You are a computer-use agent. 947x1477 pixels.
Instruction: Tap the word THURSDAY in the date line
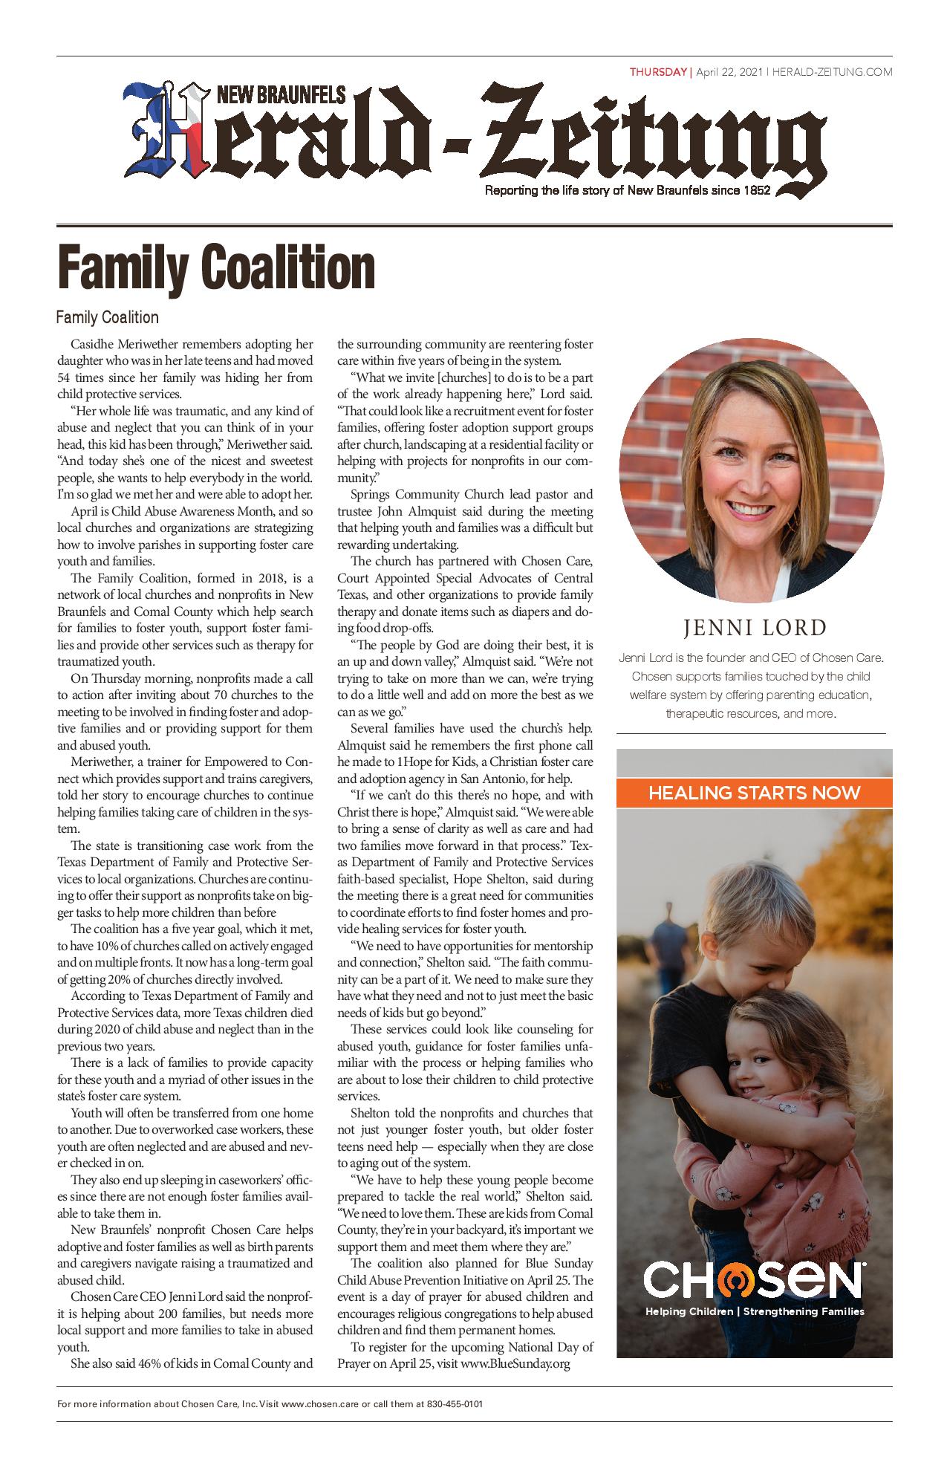point(659,72)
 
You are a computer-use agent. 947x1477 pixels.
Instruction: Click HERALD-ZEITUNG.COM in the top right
point(832,72)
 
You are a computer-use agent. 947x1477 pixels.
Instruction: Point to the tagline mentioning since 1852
point(628,191)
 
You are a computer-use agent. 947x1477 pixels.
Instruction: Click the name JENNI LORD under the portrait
point(755,628)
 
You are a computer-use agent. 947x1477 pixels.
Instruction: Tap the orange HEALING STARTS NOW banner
point(754,792)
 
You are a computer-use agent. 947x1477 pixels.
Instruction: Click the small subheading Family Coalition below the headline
point(108,317)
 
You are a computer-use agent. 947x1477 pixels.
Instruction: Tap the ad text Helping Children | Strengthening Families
point(754,1311)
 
